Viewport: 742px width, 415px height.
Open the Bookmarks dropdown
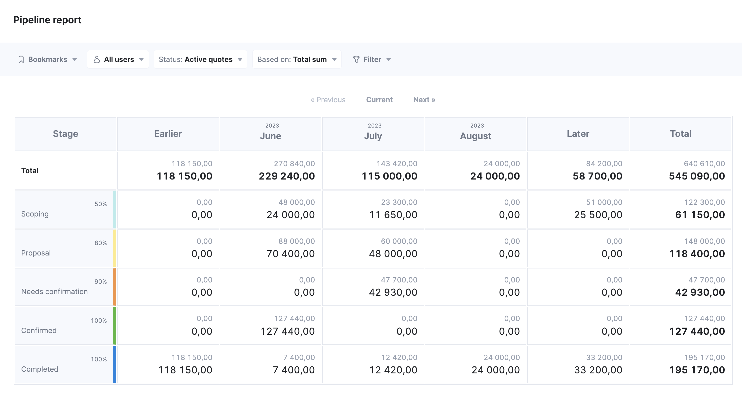(x=47, y=60)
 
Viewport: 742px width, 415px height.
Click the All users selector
(x=118, y=60)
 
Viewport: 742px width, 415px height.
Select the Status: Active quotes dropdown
(x=200, y=60)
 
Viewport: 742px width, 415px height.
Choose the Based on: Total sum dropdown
(x=297, y=60)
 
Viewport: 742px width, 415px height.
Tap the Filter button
(x=372, y=60)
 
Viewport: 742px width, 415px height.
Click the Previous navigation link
(x=328, y=100)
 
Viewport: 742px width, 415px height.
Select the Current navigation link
(x=379, y=100)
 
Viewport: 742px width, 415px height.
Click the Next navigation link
(x=424, y=100)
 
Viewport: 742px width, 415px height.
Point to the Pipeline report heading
(x=47, y=20)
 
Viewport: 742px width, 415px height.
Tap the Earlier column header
(x=168, y=134)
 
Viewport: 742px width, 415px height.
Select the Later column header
(x=578, y=134)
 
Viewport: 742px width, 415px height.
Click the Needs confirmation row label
(x=54, y=292)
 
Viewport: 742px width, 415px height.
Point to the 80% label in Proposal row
(x=101, y=243)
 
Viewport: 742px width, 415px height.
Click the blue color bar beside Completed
(x=115, y=365)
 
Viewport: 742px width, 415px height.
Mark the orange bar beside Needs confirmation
(x=115, y=287)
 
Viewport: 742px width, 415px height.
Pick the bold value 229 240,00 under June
(x=287, y=176)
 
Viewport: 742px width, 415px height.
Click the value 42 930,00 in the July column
(x=393, y=292)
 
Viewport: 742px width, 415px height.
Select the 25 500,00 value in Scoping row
(x=598, y=215)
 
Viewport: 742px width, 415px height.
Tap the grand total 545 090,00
(x=697, y=176)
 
